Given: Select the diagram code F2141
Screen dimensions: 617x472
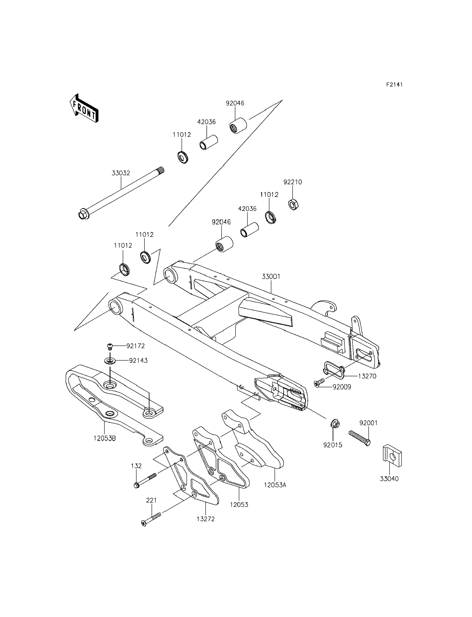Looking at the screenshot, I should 394,85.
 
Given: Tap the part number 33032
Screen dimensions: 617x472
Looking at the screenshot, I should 121,173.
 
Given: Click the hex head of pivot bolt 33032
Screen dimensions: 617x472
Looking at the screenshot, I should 82,215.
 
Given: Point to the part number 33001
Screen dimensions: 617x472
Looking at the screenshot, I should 271,277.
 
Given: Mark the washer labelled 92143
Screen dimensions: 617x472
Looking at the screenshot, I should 110,361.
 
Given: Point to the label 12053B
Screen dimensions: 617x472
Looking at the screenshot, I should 105,438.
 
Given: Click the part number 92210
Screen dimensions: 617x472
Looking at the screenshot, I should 292,182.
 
